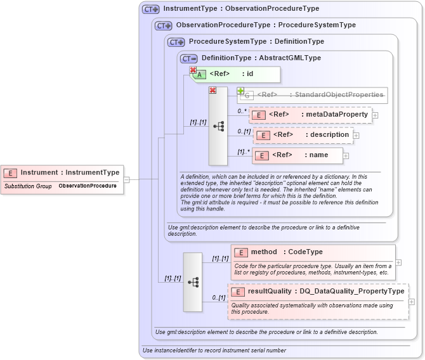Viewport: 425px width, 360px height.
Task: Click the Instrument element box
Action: click(62, 172)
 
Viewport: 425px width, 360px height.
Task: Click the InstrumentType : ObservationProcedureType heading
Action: click(240, 9)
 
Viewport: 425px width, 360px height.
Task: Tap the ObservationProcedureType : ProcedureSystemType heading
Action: click(265, 25)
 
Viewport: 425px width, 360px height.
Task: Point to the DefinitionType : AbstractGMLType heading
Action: click(261, 58)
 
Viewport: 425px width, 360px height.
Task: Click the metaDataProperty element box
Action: click(310, 115)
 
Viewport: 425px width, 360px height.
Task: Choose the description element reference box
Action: click(303, 135)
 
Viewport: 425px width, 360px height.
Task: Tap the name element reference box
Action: click(297, 155)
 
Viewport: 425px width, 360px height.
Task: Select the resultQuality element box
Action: click(318, 292)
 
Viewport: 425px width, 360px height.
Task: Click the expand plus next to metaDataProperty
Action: click(375, 115)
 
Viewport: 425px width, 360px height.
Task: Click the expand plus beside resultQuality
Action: click(412, 302)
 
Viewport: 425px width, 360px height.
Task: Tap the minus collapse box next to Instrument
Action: click(127, 179)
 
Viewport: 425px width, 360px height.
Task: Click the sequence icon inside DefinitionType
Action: click(218, 126)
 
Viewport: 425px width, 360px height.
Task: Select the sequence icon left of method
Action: click(193, 281)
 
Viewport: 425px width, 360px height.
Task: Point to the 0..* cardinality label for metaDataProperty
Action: click(242, 111)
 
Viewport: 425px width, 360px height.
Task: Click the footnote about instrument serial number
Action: click(206, 350)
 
